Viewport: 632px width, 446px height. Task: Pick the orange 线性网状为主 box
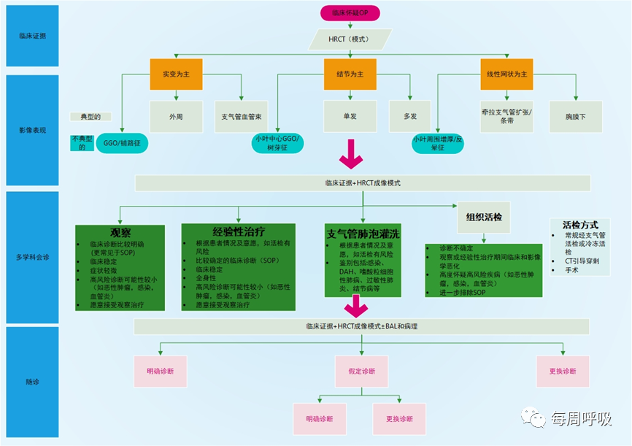coord(507,74)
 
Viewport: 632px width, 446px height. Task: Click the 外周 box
coord(175,115)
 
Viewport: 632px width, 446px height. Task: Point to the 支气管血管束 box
coord(241,115)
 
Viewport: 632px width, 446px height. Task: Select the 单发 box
coord(350,115)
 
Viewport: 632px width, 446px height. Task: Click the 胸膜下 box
coord(577,115)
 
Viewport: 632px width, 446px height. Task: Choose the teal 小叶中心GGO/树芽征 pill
coord(278,142)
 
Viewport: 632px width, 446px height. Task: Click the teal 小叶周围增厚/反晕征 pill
coord(439,142)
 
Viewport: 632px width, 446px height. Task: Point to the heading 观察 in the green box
coord(121,231)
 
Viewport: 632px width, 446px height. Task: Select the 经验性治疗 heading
coord(239,232)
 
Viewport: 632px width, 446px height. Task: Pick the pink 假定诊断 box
coord(361,371)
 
